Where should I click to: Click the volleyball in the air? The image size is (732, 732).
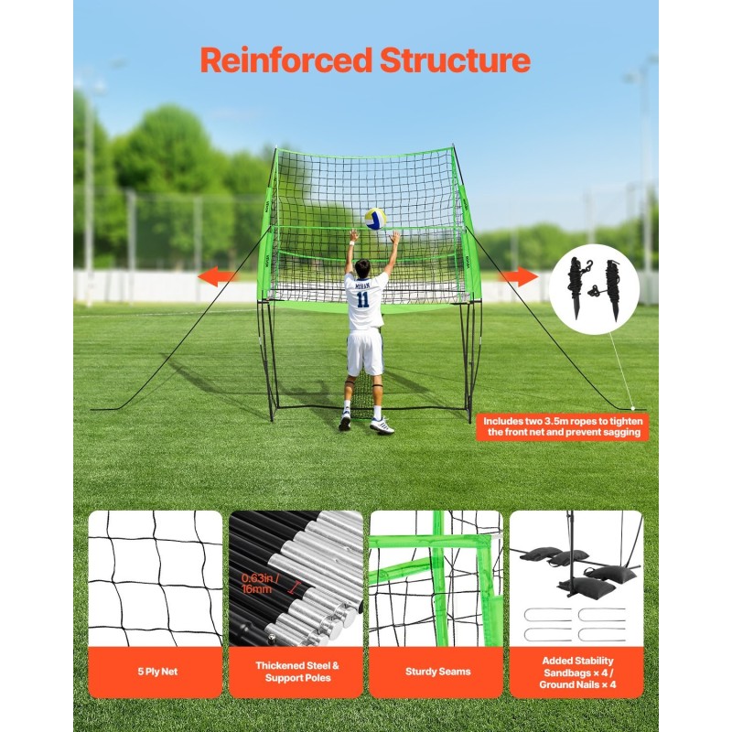click(375, 219)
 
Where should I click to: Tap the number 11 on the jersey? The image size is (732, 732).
click(363, 298)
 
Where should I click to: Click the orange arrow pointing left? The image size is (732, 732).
click(220, 276)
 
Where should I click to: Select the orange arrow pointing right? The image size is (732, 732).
click(518, 276)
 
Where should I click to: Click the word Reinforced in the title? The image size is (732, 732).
click(285, 60)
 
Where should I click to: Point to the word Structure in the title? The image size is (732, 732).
click(455, 60)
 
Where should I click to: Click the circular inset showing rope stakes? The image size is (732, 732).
click(595, 289)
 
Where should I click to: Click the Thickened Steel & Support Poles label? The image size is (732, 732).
click(296, 672)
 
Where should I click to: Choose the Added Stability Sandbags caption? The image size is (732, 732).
click(576, 672)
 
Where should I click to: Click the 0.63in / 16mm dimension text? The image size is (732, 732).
click(260, 584)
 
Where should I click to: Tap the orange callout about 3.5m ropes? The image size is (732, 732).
click(563, 426)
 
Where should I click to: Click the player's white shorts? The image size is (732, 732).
click(364, 351)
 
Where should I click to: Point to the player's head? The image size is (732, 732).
click(363, 267)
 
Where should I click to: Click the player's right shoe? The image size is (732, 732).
click(382, 425)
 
